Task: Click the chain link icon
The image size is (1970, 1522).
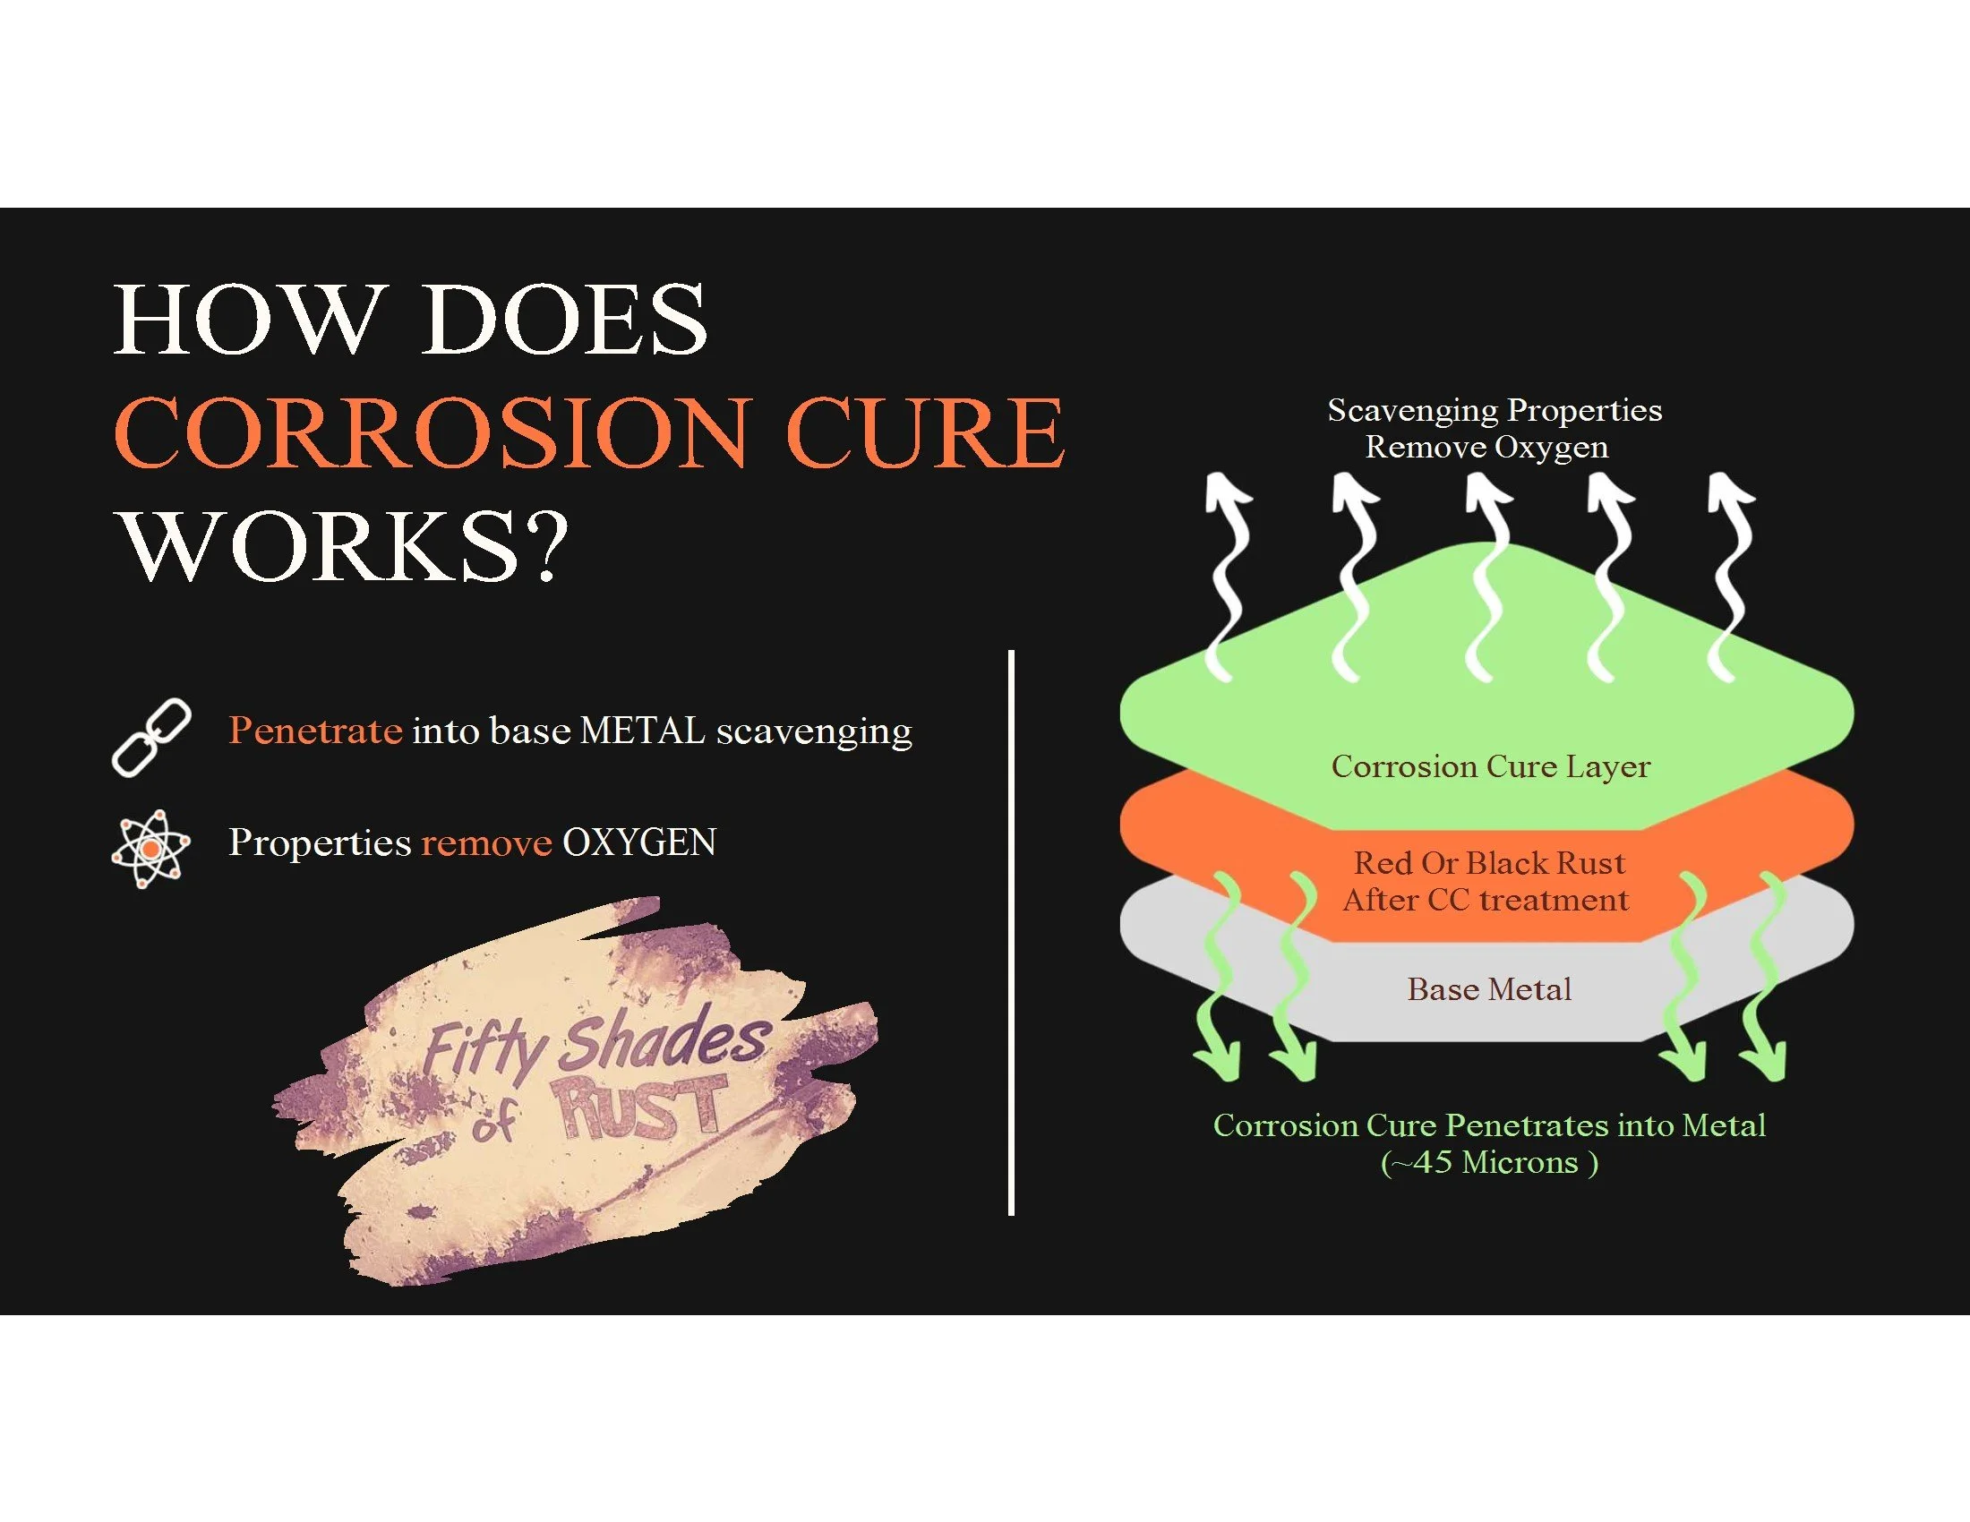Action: [150, 738]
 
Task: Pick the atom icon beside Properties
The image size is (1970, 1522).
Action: [150, 849]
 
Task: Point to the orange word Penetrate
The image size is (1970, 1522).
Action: [315, 731]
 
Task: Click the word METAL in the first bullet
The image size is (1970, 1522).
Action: [642, 731]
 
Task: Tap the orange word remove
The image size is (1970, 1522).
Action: [486, 843]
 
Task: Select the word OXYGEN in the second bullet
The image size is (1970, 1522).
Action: [639, 843]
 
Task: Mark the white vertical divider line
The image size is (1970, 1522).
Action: [1011, 933]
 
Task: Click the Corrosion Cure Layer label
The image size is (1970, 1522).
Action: [1490, 766]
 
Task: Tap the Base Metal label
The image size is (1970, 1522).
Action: [1489, 990]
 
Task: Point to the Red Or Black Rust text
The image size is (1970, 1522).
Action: [1489, 864]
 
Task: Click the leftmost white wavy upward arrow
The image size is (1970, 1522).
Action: [1227, 577]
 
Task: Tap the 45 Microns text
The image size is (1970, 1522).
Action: [1489, 1163]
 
